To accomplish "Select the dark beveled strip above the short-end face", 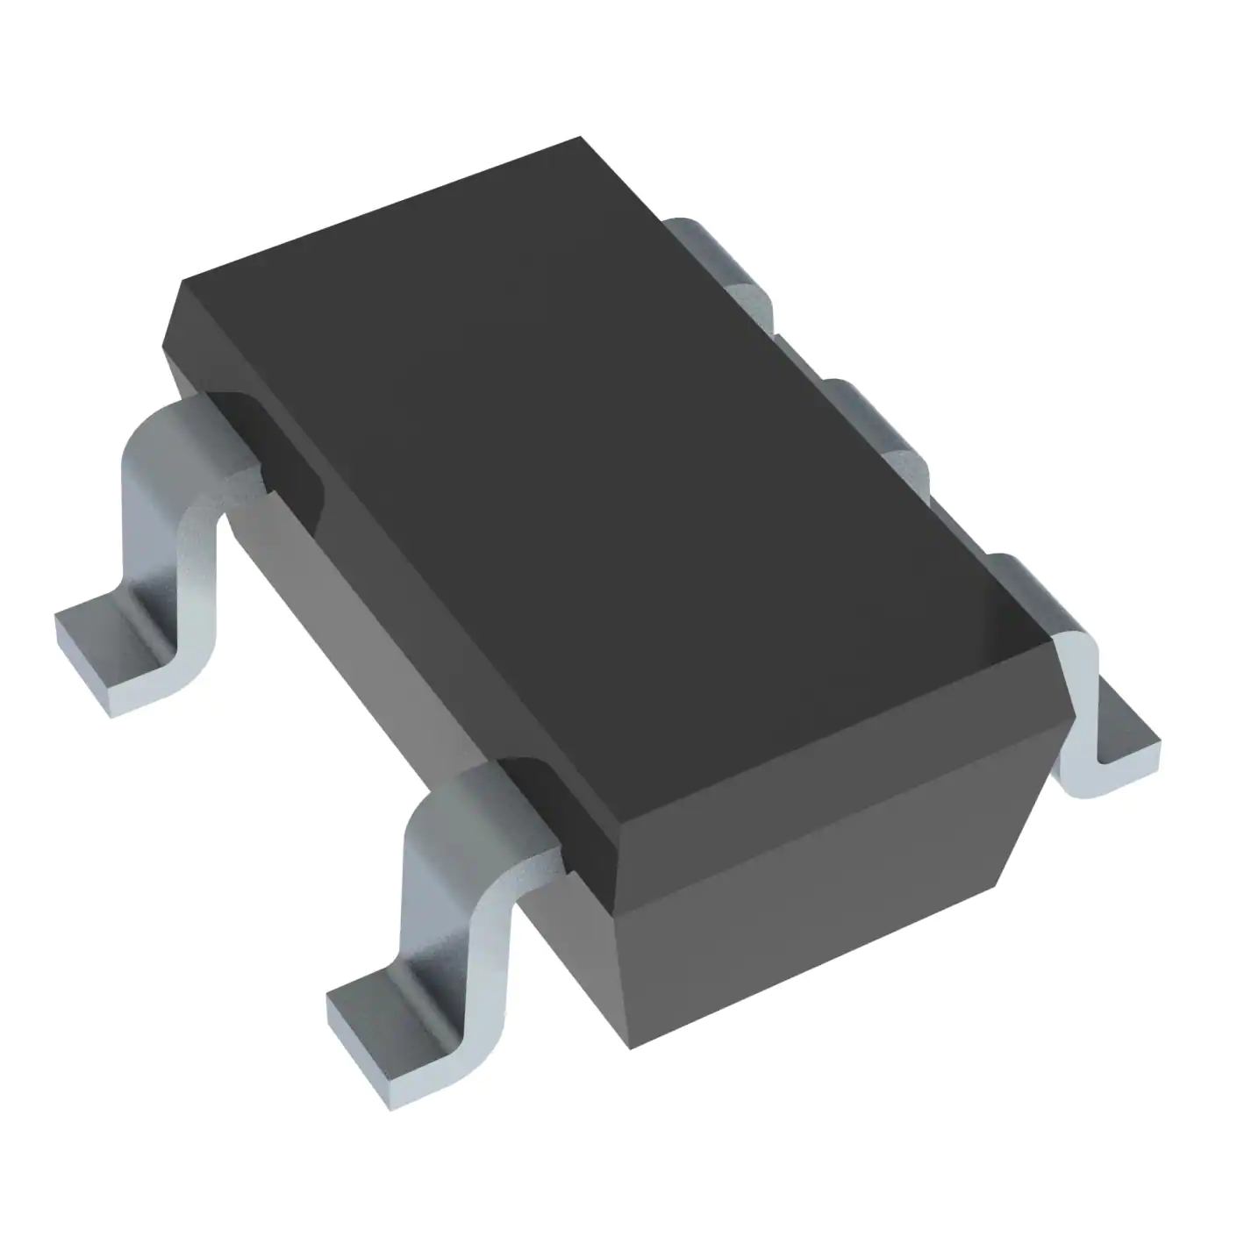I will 825,790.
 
